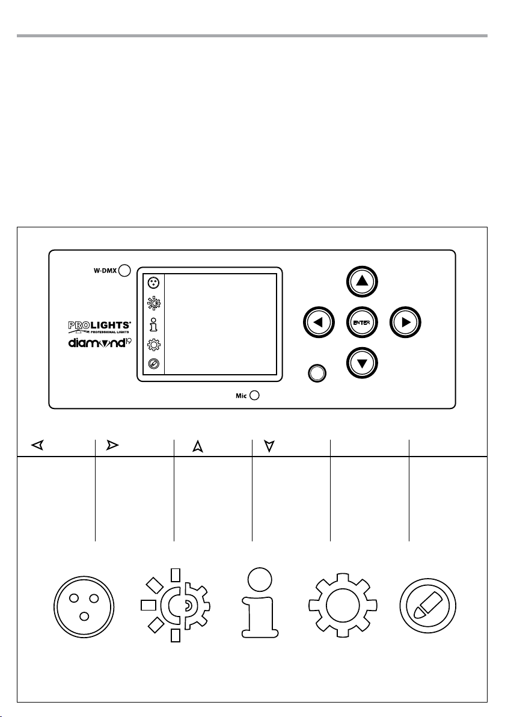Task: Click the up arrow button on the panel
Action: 363,281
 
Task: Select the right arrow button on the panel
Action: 406,322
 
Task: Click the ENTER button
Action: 362,322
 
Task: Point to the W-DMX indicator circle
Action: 124,270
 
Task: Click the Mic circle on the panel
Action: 254,395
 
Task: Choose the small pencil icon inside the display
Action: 153,364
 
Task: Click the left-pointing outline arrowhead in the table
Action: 37,446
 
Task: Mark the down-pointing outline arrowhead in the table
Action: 269,446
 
